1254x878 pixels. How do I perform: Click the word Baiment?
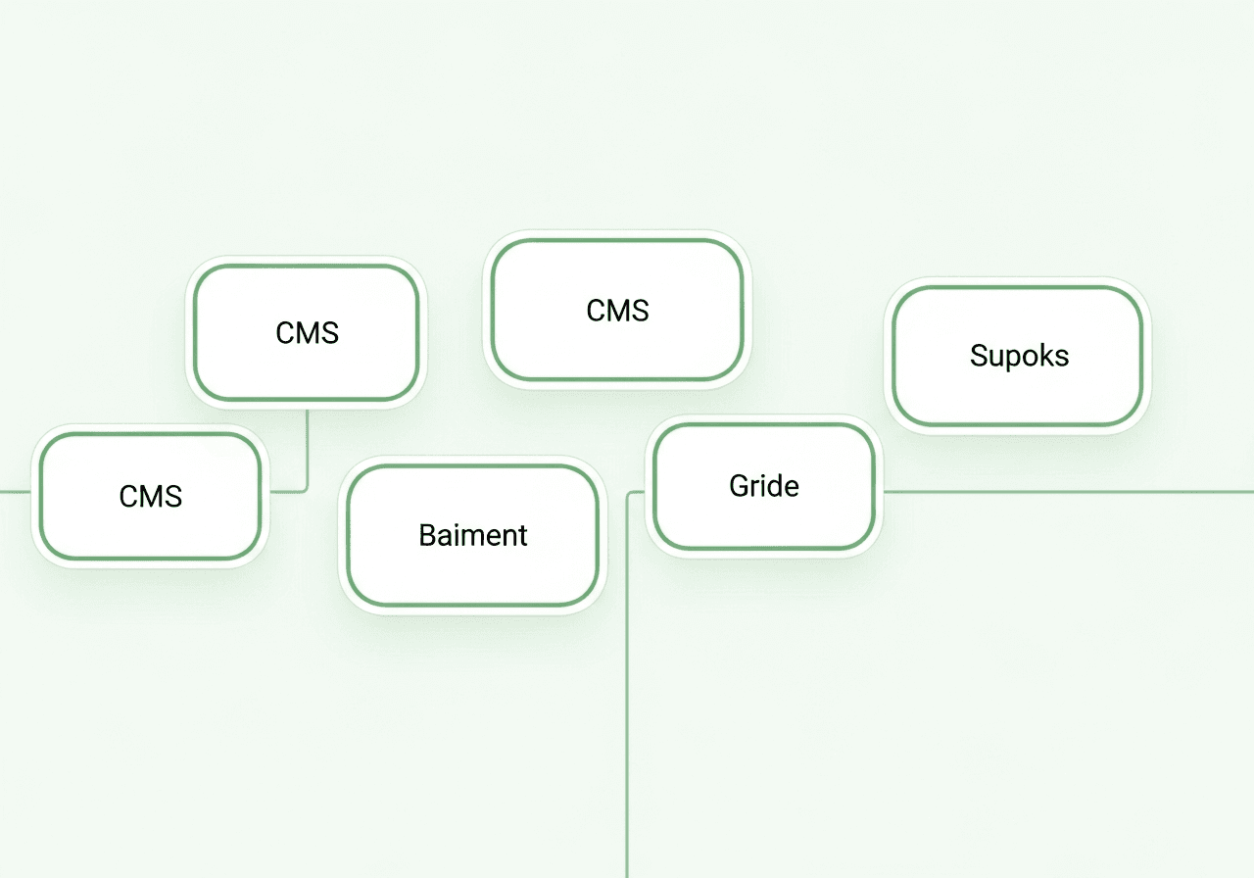click(473, 535)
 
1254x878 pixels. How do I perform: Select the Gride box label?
click(764, 486)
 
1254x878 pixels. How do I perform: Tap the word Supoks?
click(1019, 355)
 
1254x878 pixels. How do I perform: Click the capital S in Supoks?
click(979, 355)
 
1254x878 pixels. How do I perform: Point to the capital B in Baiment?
click(427, 535)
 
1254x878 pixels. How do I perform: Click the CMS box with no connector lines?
click(617, 311)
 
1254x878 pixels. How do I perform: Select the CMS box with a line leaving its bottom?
click(307, 333)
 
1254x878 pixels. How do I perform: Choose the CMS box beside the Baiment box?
click(151, 496)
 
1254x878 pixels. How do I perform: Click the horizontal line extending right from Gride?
click(1068, 492)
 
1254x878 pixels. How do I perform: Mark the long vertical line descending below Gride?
click(627, 706)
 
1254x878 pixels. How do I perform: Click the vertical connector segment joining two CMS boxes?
click(308, 446)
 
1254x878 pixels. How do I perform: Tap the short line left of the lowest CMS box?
click(15, 492)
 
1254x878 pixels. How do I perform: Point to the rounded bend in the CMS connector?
click(305, 489)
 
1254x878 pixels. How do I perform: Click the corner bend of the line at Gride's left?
click(630, 495)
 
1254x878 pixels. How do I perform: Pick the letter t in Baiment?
click(522, 535)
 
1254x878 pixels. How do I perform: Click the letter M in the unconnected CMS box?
click(617, 311)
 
